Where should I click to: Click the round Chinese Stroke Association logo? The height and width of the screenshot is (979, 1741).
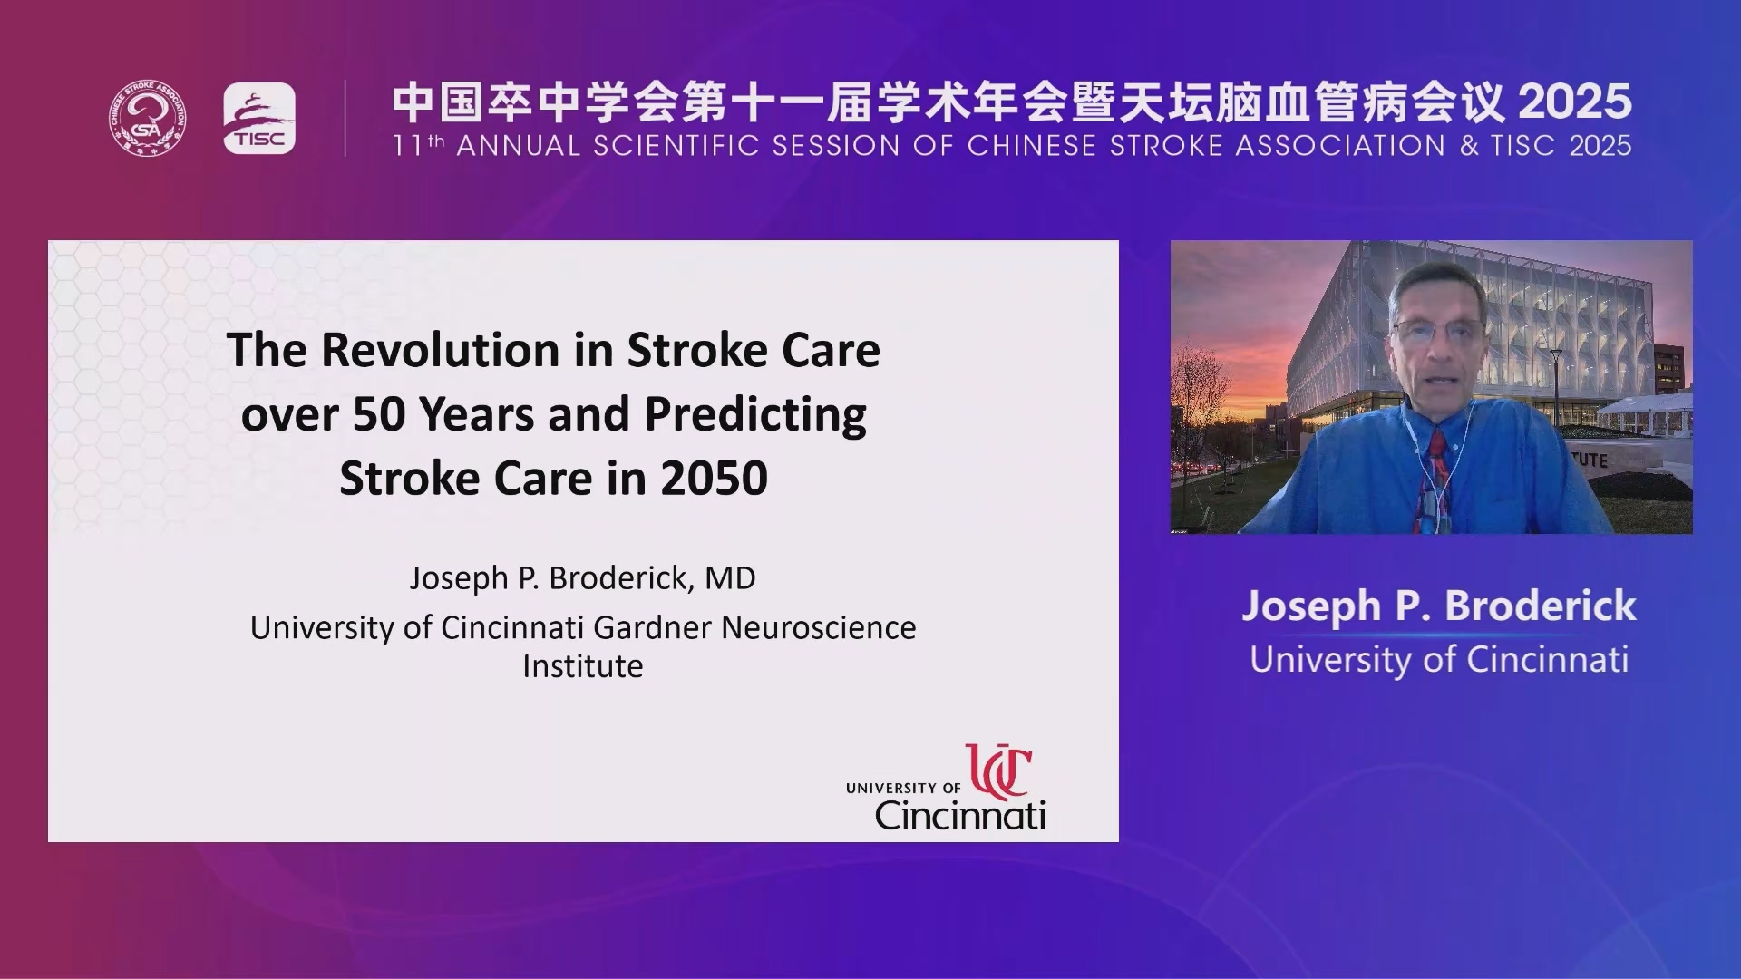[148, 118]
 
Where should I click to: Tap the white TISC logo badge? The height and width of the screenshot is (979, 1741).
[259, 119]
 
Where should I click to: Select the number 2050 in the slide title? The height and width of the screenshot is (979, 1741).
[715, 478]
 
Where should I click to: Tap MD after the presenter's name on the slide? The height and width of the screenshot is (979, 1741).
[730, 577]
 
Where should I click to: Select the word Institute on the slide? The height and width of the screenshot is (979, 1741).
[583, 666]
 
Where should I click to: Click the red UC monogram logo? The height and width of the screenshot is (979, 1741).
[998, 771]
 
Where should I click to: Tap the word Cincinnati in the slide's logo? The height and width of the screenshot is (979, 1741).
[960, 815]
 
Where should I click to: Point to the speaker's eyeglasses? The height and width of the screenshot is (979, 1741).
[1437, 330]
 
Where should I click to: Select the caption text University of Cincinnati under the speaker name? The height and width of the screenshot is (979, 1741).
[1439, 660]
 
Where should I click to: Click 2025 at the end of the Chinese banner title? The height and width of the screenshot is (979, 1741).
[1575, 102]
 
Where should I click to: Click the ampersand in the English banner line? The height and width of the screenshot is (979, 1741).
[1469, 145]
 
